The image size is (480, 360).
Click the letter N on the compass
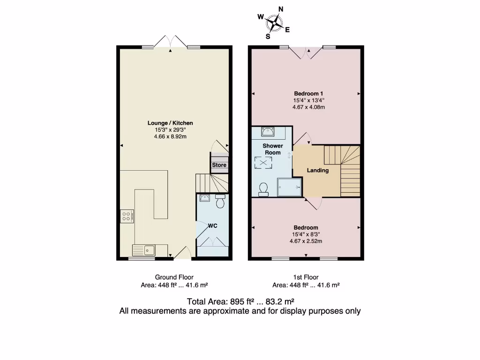coord(281,9)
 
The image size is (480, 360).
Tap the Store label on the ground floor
coord(219,165)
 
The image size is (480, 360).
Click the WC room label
coord(213,226)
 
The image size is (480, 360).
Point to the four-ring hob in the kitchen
coord(127,216)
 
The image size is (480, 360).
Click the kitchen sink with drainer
coord(144,250)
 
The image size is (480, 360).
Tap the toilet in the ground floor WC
coord(220,202)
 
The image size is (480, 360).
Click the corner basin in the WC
coord(204,198)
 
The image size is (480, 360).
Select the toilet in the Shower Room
coord(263,189)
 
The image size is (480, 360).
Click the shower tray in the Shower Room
coord(290,187)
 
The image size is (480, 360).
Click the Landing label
coord(317,171)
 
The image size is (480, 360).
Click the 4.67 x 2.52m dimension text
coord(306,241)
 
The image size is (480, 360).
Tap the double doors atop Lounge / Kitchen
coord(171,42)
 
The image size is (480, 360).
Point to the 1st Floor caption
coord(306,277)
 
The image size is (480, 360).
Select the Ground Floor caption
coord(174,277)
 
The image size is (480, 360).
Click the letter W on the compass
coord(261,17)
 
